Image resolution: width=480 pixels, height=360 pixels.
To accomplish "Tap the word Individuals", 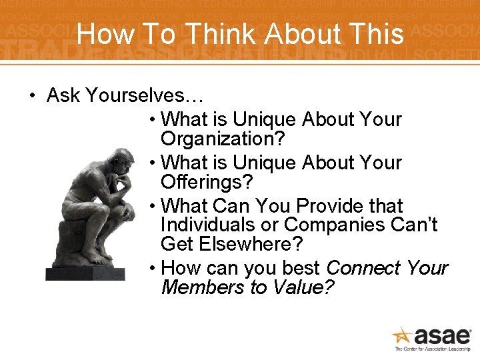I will pyautogui.click(x=213, y=225).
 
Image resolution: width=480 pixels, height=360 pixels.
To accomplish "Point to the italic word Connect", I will pyautogui.click(x=364, y=267).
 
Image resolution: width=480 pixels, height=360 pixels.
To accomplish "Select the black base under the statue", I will pyautogui.click(x=85, y=273).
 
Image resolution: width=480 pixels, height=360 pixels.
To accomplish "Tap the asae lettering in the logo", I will pyautogui.click(x=442, y=336).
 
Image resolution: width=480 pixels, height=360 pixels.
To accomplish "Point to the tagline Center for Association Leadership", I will pyautogui.click(x=433, y=349).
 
